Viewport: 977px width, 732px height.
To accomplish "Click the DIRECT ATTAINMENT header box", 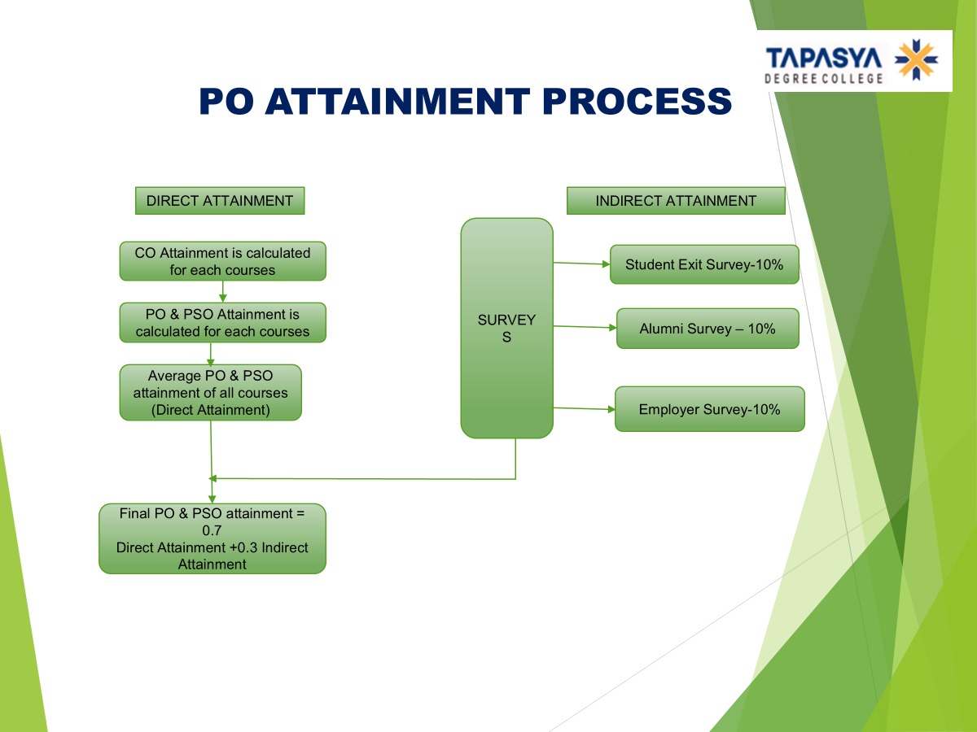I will point(220,201).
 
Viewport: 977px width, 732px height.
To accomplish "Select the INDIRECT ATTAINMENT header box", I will point(676,201).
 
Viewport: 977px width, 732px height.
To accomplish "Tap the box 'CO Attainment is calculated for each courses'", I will point(222,261).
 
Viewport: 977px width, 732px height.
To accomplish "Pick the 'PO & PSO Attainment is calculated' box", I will point(222,323).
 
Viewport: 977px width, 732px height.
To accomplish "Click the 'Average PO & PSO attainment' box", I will point(210,393).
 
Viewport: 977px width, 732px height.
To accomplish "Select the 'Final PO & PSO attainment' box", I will point(212,538).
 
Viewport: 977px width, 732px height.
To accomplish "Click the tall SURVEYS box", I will point(506,328).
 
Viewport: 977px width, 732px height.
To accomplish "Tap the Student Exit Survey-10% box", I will point(704,264).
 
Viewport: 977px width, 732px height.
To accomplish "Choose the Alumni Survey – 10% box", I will point(708,329).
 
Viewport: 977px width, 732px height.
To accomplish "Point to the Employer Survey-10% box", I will point(709,409).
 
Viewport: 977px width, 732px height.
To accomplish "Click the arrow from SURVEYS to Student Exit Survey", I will point(581,264).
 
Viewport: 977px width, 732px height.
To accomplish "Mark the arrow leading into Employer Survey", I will point(584,408).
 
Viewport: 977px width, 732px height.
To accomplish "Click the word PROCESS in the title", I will point(637,102).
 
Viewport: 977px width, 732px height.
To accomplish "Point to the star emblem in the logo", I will point(916,60).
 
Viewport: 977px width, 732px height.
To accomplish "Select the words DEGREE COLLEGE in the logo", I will point(823,78).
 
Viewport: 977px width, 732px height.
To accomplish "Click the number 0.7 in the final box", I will point(212,530).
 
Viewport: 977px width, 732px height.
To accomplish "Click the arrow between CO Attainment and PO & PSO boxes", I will point(222,292).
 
